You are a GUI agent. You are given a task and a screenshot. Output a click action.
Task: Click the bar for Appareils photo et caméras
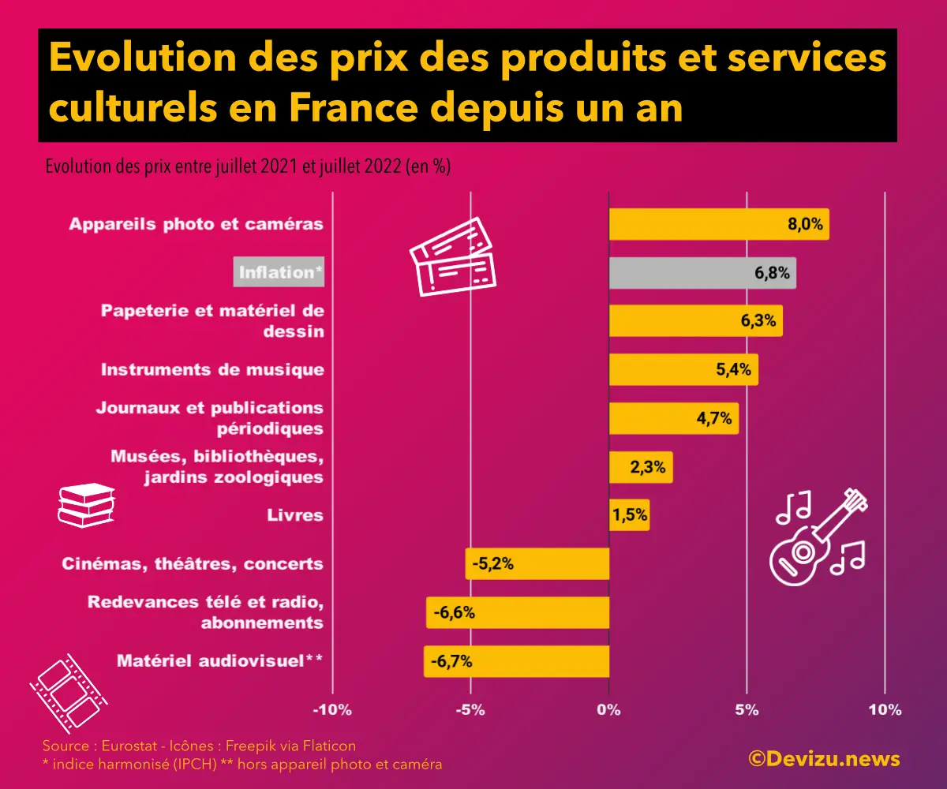pos(718,224)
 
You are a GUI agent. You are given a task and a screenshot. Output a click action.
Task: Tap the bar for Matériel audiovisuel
pos(516,661)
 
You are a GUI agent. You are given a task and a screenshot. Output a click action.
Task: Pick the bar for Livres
pos(629,515)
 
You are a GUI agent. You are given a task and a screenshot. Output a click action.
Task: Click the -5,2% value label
pos(493,564)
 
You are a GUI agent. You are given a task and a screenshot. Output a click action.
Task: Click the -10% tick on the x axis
pos(332,709)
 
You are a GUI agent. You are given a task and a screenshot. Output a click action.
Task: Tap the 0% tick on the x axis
pos(608,709)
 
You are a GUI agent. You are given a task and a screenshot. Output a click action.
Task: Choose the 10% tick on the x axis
pos(885,709)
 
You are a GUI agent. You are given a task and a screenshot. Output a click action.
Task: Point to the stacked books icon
pos(86,505)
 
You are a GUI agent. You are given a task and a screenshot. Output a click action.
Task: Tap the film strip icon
pos(68,691)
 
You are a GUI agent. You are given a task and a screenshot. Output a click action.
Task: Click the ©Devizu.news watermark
pos(824,759)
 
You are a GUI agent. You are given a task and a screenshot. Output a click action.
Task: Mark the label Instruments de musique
pos(212,369)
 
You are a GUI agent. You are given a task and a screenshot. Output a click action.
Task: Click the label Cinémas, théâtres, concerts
pos(193,564)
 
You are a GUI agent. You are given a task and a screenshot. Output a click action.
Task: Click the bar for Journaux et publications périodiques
pos(673,418)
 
